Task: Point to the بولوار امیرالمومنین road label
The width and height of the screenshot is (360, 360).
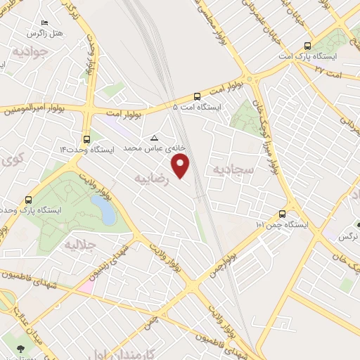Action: point(35,109)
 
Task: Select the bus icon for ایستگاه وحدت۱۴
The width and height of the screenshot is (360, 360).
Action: point(86,139)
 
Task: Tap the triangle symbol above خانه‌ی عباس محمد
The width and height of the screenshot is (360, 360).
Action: point(154,138)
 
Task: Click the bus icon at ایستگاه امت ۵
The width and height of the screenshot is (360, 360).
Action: point(196,96)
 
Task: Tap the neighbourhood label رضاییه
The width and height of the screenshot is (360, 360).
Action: point(146,177)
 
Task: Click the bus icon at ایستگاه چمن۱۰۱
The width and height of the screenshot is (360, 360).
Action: point(283,214)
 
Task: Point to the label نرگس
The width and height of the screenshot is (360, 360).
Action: point(349,237)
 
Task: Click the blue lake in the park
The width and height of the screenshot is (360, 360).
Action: point(103,209)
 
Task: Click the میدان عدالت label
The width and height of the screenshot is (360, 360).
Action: point(17,319)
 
